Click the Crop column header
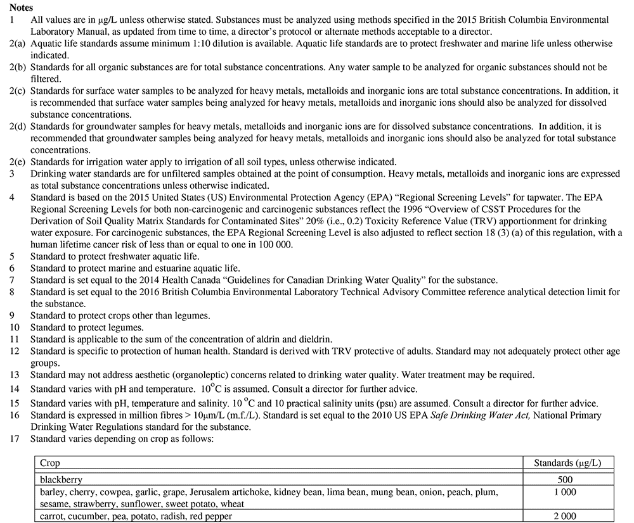(50, 463)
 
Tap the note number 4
(12, 198)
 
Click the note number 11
(15, 339)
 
